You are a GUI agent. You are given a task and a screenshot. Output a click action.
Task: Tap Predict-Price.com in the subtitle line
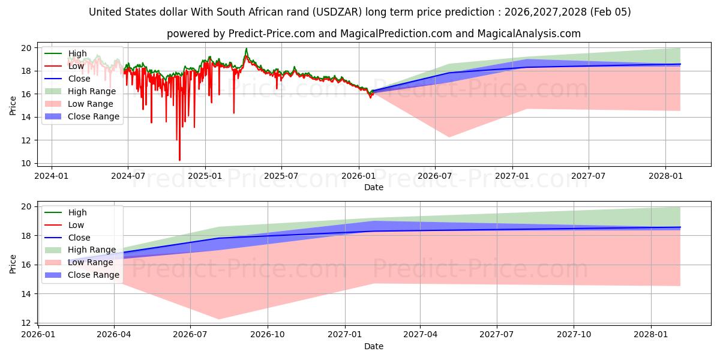tap(271, 34)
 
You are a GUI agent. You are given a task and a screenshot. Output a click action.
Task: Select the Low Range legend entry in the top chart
tap(91, 104)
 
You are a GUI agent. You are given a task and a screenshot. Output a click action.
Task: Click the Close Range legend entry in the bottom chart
tap(94, 275)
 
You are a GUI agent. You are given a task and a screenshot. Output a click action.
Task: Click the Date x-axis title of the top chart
tap(374, 187)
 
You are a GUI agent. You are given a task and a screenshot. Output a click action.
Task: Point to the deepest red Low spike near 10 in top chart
tap(179, 160)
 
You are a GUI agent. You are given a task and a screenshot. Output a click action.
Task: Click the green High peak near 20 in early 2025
tap(246, 49)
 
